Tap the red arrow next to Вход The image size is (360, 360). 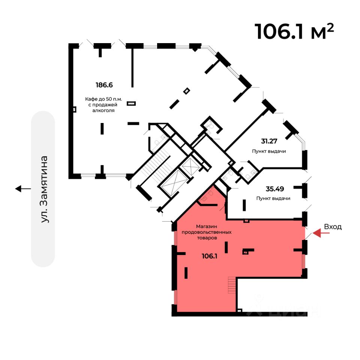pyautogui.click(x=321, y=233)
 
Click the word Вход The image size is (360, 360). pyautogui.click(x=333, y=227)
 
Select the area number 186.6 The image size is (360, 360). pyautogui.click(x=104, y=85)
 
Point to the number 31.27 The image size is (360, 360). pyautogui.click(x=270, y=141)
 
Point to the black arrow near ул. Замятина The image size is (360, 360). pyautogui.click(x=23, y=189)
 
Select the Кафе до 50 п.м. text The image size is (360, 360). pyautogui.click(x=104, y=99)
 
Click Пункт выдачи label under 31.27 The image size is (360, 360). pyautogui.click(x=269, y=151)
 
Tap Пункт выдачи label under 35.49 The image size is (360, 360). pyautogui.click(x=273, y=198)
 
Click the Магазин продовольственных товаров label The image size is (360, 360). pyautogui.click(x=207, y=232)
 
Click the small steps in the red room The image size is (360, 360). pyautogui.click(x=232, y=285)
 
